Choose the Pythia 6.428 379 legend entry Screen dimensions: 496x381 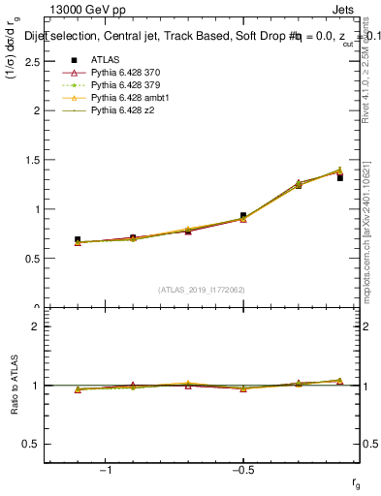128,85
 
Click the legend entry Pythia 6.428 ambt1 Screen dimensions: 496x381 131,98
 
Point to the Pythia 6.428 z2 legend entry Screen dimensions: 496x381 124,111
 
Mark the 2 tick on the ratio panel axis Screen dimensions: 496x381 37,326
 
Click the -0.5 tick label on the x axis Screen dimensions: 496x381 240,470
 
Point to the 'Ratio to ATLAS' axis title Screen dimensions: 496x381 15,387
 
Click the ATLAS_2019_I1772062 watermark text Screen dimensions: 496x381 202,290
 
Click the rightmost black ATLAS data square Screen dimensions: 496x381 340,178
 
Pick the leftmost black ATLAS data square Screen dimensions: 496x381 78,239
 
